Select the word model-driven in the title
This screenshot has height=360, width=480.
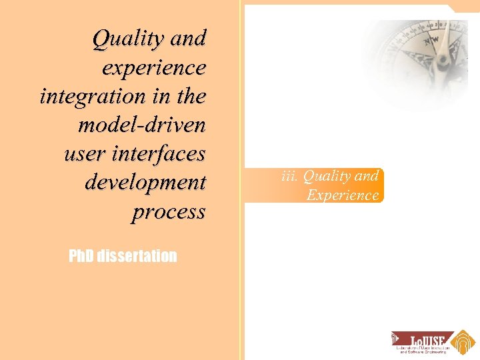(x=141, y=125)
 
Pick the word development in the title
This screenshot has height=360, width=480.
(x=145, y=183)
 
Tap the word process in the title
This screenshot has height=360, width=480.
(x=169, y=212)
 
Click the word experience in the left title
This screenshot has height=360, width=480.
(x=154, y=68)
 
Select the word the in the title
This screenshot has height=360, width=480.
(x=190, y=97)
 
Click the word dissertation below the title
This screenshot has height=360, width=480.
(x=137, y=256)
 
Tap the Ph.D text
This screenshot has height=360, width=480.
(x=81, y=256)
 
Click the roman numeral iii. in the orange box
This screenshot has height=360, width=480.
(x=289, y=176)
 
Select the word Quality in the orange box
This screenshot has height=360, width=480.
(x=325, y=176)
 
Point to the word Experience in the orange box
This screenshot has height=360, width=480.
(x=342, y=195)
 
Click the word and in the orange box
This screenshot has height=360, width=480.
(x=367, y=176)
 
